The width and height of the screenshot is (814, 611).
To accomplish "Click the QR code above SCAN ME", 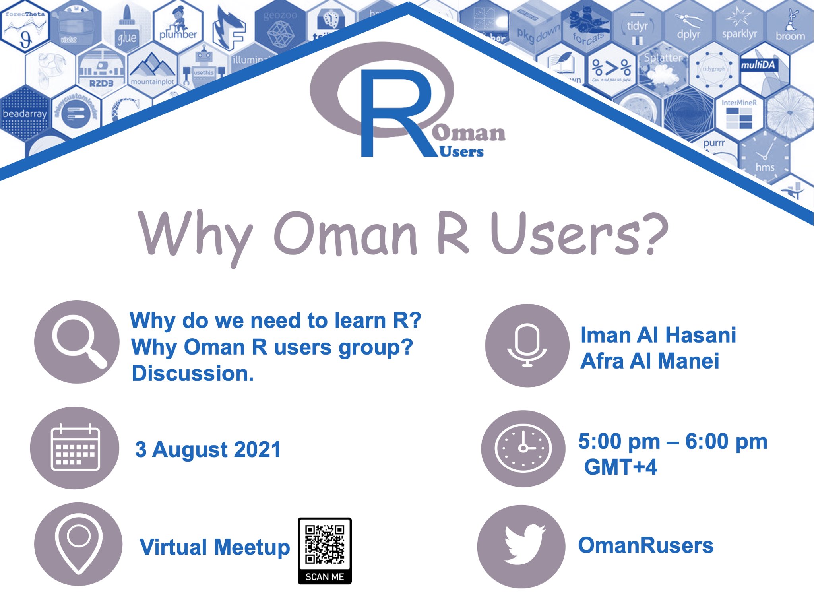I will pyautogui.click(x=325, y=544).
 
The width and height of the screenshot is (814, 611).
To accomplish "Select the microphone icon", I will pyautogui.click(x=527, y=345).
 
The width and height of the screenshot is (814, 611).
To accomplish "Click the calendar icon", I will pyautogui.click(x=75, y=448).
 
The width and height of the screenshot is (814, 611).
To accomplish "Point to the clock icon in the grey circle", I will pyautogui.click(x=523, y=448).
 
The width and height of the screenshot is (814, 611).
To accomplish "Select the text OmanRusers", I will pyautogui.click(x=645, y=545).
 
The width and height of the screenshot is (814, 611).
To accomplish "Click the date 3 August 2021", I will pyautogui.click(x=208, y=450).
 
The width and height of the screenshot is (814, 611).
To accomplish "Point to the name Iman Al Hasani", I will pyautogui.click(x=658, y=335).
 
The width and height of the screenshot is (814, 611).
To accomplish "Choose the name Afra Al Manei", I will pyautogui.click(x=649, y=361).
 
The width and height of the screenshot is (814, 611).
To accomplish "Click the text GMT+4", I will pyautogui.click(x=620, y=467).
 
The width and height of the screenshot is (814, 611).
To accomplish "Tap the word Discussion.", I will pyautogui.click(x=192, y=373).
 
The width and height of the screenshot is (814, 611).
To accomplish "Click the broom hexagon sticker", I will pyautogui.click(x=790, y=28).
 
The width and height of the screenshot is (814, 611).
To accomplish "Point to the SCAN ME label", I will pyautogui.click(x=325, y=576).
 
